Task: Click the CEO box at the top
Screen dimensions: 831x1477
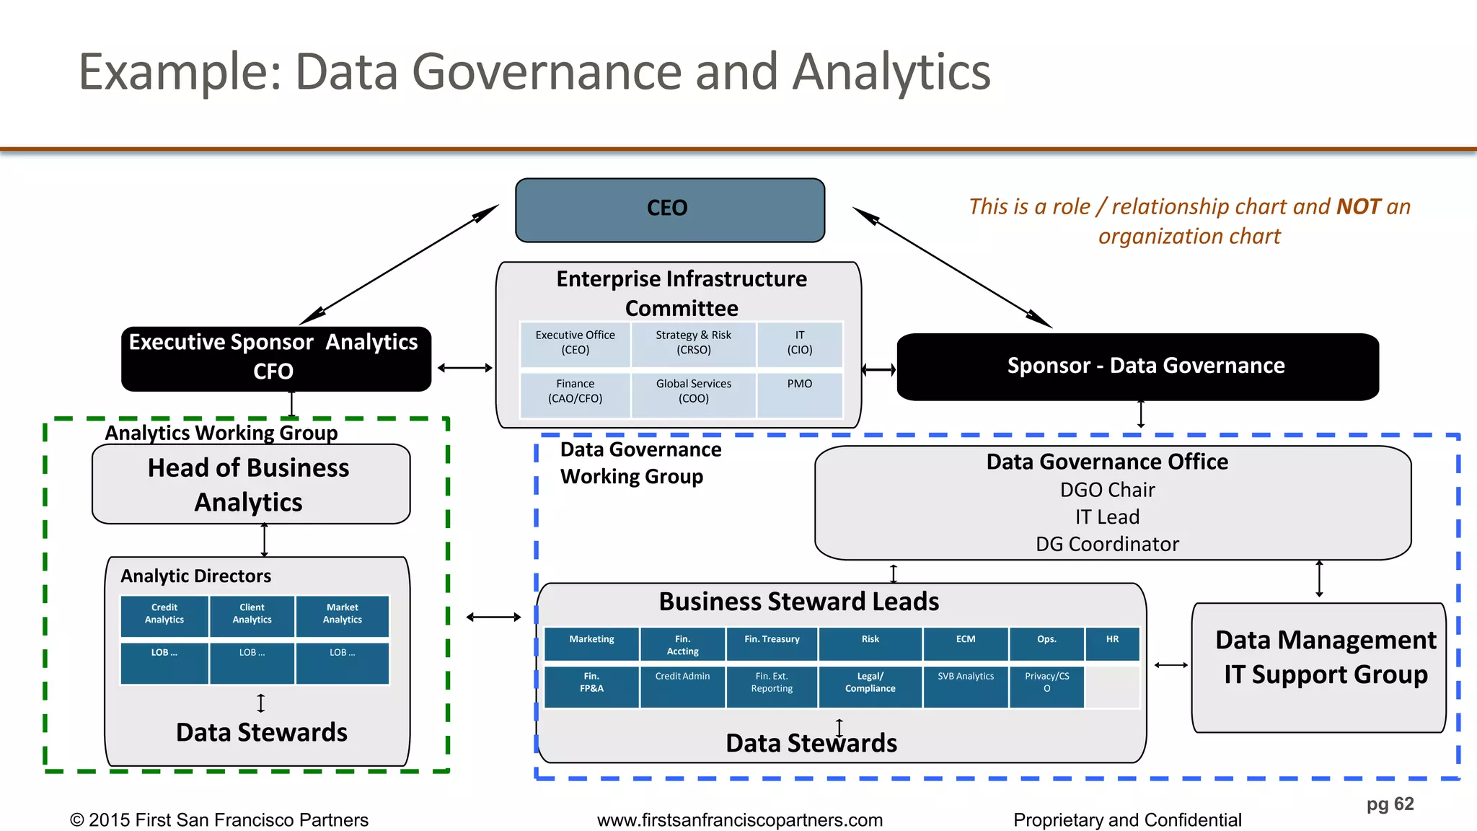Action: coord(670,209)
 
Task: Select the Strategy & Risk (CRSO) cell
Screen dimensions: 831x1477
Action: coord(693,343)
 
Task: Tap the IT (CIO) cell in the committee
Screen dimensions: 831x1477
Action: coord(799,343)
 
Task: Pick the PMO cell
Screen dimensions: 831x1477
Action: coord(799,392)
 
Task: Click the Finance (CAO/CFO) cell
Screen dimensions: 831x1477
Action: coord(575,392)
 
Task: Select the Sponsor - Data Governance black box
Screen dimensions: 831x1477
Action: coord(1137,366)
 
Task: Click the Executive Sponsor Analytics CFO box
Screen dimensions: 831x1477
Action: coord(275,359)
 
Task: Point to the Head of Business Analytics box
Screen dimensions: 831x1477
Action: coord(250,484)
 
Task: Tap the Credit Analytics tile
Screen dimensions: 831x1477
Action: coord(164,615)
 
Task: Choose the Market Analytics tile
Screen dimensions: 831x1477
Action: coord(343,615)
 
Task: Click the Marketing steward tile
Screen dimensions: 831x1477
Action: coord(591,643)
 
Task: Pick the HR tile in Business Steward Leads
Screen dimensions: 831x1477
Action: coord(1112,643)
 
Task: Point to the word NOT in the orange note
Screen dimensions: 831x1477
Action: coord(1359,207)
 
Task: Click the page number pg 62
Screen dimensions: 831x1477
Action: coord(1390,804)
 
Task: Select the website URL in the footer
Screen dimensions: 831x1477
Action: coord(739,820)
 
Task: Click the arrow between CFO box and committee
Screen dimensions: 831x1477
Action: coord(464,368)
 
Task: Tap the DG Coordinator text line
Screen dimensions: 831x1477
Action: coord(1107,544)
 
